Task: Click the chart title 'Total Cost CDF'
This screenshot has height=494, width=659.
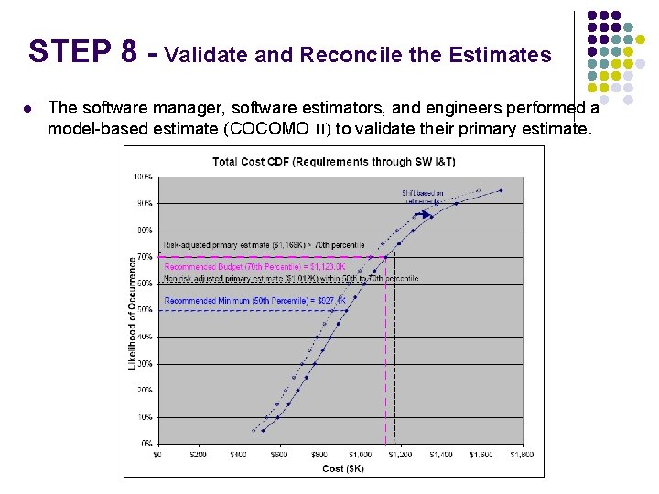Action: pos(334,162)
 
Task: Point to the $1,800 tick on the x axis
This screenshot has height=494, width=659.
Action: pos(522,454)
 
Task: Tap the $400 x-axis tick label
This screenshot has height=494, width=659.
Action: pos(238,454)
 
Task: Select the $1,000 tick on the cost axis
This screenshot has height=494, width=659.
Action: pos(360,454)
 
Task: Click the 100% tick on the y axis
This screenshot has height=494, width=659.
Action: pos(143,176)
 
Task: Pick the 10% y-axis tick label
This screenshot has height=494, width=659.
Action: pos(145,417)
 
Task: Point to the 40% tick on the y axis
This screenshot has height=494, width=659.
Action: pos(145,337)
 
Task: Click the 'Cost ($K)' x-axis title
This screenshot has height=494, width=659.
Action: pos(343,468)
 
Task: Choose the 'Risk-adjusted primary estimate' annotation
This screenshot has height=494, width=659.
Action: pos(264,245)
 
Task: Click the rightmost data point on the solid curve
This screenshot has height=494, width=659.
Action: pos(502,190)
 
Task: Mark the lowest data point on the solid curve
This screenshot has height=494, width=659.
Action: pos(263,430)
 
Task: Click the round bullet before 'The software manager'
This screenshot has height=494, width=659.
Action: pos(30,108)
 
